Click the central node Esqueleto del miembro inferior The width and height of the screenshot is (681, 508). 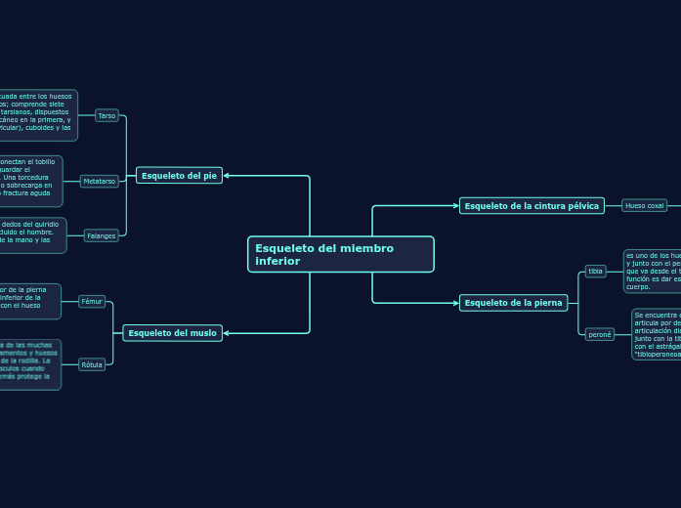pyautogui.click(x=340, y=254)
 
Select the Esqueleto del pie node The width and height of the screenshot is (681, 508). pyautogui.click(x=179, y=176)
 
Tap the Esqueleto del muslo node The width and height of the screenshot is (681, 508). pyautogui.click(x=172, y=333)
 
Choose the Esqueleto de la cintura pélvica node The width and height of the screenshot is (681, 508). pyautogui.click(x=532, y=205)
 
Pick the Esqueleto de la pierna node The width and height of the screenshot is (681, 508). pyautogui.click(x=513, y=303)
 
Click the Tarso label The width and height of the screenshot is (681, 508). pyautogui.click(x=107, y=115)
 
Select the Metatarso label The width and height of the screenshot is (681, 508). pyautogui.click(x=100, y=181)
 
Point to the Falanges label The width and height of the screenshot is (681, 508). pyautogui.click(x=102, y=235)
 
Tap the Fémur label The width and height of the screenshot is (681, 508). pyautogui.click(x=92, y=301)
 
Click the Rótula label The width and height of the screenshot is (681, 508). pyautogui.click(x=92, y=364)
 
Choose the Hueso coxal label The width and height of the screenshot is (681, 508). pyautogui.click(x=644, y=205)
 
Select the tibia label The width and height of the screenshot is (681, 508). pyautogui.click(x=595, y=271)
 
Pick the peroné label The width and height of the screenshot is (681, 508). pyautogui.click(x=599, y=334)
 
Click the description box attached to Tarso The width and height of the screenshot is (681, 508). pyautogui.click(x=37, y=115)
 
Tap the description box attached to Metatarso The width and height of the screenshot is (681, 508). pyautogui.click(x=30, y=182)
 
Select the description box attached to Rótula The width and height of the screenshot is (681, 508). pyautogui.click(x=29, y=364)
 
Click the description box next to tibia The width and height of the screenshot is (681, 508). pyautogui.click(x=652, y=271)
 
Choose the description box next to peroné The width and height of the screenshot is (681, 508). pyautogui.click(x=656, y=334)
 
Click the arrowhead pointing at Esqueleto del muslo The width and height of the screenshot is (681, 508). pyautogui.click(x=227, y=333)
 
